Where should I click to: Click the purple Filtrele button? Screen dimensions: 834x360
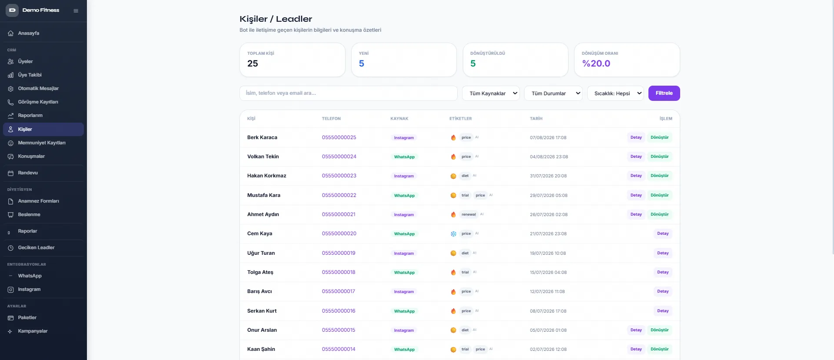click(x=664, y=93)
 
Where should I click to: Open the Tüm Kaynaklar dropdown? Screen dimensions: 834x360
click(x=491, y=93)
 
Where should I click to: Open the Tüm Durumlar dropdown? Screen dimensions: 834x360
click(x=553, y=93)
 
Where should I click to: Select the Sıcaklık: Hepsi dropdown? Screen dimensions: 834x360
click(x=615, y=93)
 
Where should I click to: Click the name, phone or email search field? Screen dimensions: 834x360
click(x=348, y=93)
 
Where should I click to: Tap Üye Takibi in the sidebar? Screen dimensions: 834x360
click(x=30, y=75)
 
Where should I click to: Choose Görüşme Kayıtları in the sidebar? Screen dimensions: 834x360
click(x=38, y=102)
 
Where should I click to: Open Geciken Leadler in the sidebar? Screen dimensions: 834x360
click(x=36, y=247)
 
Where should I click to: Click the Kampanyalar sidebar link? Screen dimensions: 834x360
click(x=33, y=331)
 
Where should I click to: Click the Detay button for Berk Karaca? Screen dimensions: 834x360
click(x=636, y=137)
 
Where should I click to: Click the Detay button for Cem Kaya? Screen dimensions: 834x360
click(x=663, y=233)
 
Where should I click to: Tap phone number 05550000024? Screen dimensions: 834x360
click(x=339, y=157)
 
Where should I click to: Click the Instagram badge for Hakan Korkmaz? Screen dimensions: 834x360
click(x=404, y=176)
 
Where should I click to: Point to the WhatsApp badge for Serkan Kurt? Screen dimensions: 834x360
click(x=404, y=311)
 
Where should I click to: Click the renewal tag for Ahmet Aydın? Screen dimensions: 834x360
click(x=469, y=214)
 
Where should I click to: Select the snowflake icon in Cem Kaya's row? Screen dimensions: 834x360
click(x=453, y=234)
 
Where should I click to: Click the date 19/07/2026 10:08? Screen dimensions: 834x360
click(x=548, y=253)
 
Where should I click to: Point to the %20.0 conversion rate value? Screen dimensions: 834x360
click(x=596, y=63)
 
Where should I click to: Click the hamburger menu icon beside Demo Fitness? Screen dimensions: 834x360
click(x=76, y=10)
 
